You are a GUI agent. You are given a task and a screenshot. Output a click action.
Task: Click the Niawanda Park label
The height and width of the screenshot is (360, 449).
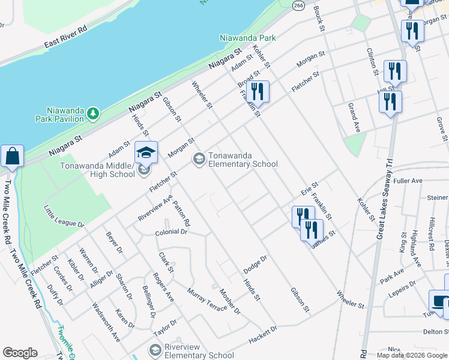[247, 38]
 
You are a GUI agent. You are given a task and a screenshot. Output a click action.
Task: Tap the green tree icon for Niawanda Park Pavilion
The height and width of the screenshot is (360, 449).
[92, 113]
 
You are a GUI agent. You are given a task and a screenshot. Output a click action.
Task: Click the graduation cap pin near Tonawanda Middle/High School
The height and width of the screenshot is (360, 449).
[146, 154]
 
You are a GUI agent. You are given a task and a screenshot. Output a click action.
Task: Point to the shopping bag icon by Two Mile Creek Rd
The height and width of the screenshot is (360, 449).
[12, 157]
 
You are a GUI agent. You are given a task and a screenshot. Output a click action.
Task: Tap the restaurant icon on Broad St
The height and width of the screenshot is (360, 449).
[258, 92]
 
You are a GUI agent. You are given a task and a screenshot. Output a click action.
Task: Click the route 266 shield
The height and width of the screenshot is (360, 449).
[298, 5]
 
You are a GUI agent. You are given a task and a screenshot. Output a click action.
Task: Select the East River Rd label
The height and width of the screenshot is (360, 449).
[66, 37]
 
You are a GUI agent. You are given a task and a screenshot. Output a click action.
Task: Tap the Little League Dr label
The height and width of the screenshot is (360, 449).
[64, 216]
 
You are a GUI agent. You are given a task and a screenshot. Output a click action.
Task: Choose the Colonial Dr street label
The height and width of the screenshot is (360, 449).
[171, 232]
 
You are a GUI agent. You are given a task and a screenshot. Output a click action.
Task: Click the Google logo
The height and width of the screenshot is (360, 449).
[20, 352]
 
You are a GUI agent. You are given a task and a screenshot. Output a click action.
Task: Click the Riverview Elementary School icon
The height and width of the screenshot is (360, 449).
[155, 350]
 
